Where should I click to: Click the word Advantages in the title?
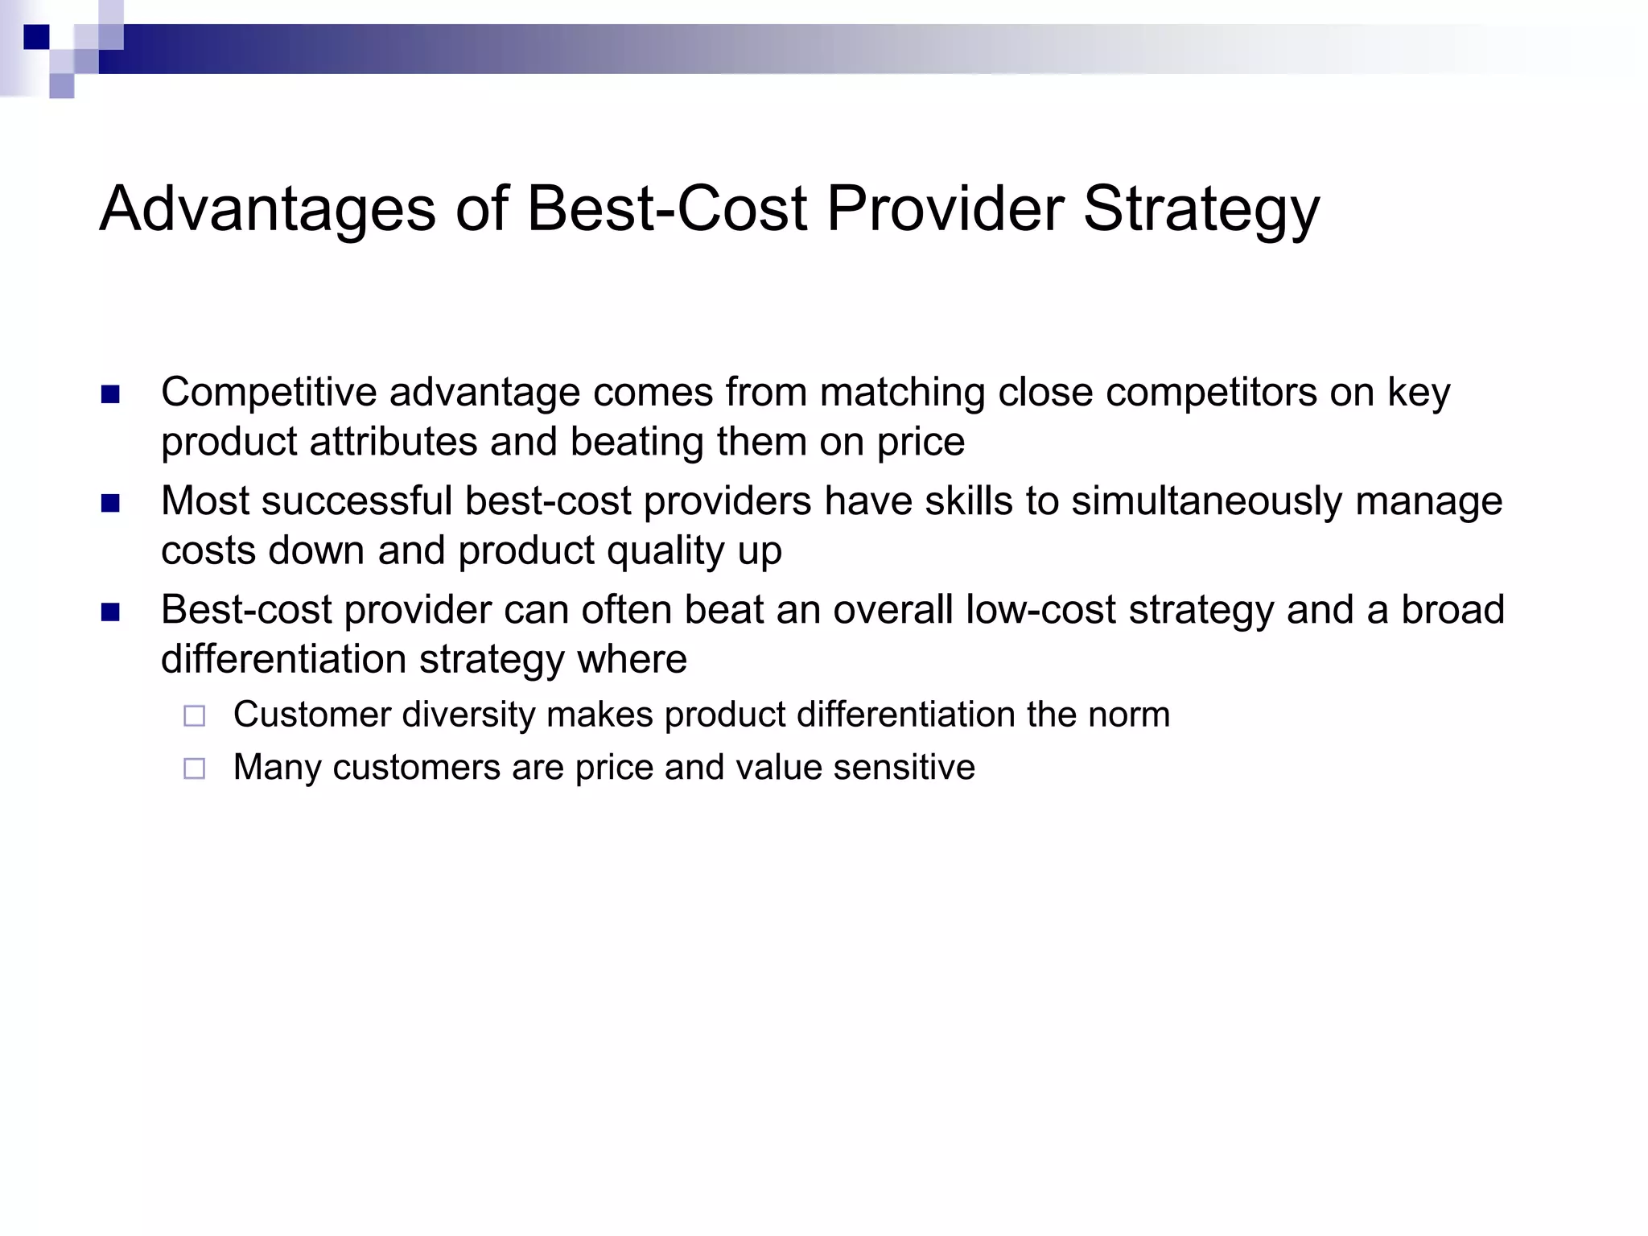coord(267,209)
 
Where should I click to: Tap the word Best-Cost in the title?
coord(666,209)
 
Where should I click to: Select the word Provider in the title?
coord(946,209)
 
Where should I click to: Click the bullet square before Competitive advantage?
coord(110,394)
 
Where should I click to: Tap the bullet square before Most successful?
coord(110,504)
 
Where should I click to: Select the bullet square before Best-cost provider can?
coord(110,612)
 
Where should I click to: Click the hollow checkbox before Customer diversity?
coord(194,715)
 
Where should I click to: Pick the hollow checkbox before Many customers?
coord(194,768)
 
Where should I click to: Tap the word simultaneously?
coord(1206,501)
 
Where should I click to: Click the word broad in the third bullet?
coord(1452,610)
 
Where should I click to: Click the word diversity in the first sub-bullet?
coord(468,715)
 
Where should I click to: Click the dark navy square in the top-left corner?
coord(36,37)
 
